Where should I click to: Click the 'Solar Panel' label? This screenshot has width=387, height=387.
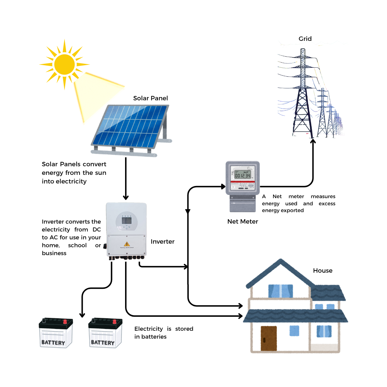(150, 98)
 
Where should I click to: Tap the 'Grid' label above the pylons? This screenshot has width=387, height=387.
(305, 39)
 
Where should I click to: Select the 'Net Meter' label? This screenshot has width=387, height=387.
(243, 221)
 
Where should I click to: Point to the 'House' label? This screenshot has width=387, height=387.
(322, 271)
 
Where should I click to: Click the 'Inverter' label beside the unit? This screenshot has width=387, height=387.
(163, 242)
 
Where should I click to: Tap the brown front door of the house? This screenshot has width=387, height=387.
(269, 338)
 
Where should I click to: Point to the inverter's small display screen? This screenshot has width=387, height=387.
(126, 221)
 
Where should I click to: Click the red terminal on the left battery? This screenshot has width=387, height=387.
(65, 321)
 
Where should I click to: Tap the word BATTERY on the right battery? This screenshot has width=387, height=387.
(102, 343)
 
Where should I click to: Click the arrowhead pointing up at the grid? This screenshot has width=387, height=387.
(313, 142)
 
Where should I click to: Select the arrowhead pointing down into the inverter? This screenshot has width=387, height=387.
(126, 197)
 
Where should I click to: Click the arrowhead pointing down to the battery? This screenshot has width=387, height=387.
(82, 315)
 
